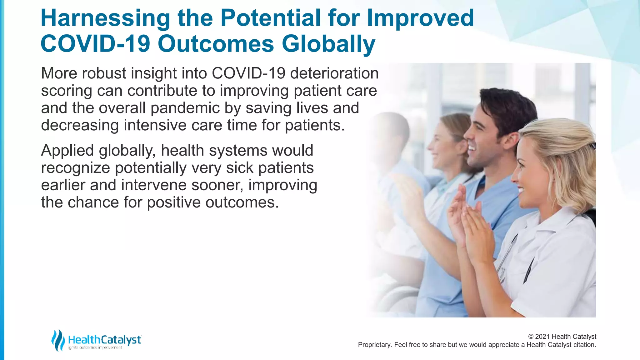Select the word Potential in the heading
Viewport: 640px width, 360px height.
click(x=270, y=18)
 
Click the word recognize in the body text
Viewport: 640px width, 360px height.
click(x=75, y=168)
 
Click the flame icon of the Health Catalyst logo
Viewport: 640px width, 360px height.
click(x=58, y=340)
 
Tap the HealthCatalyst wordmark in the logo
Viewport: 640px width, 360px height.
click(x=105, y=340)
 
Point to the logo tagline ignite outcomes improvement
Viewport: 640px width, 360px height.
click(x=95, y=348)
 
